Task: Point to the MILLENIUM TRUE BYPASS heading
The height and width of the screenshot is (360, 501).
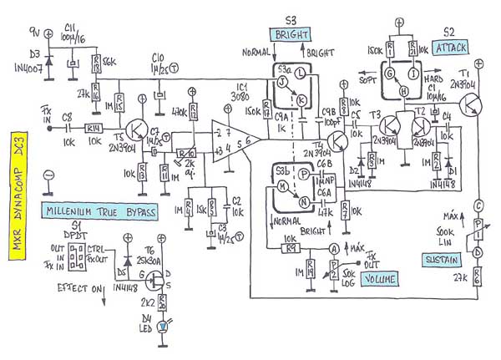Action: (100, 213)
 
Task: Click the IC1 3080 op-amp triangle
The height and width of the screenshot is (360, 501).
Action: (227, 138)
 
